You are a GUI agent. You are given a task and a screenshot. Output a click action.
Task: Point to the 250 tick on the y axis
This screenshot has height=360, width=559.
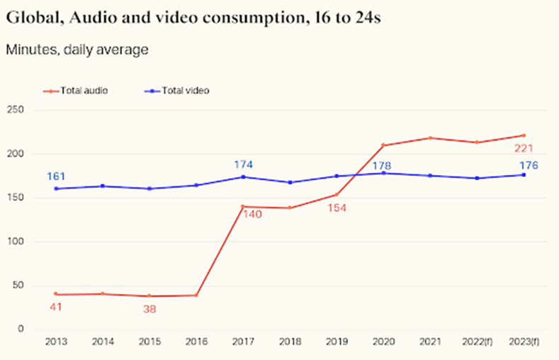pyautogui.click(x=16, y=111)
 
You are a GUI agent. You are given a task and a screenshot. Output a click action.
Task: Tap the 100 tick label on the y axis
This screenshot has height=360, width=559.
pyautogui.click(x=16, y=242)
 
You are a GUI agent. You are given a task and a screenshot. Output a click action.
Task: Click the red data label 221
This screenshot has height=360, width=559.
pyautogui.click(x=524, y=148)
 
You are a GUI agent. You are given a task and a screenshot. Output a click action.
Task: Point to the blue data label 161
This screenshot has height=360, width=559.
pyautogui.click(x=57, y=176)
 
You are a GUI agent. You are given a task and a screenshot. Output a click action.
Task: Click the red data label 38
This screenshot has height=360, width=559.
pyautogui.click(x=149, y=309)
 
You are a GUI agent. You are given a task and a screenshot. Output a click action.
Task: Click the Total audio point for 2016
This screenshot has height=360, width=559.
pyautogui.click(x=196, y=296)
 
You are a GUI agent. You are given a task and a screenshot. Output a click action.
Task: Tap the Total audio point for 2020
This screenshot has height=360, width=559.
pyautogui.click(x=384, y=145)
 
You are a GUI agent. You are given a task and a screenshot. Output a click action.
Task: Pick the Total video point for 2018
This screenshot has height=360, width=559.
pyautogui.click(x=290, y=182)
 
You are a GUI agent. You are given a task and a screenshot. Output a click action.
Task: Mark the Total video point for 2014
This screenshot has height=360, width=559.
pyautogui.click(x=103, y=186)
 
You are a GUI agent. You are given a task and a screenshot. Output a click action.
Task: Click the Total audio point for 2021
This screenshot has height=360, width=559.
pyautogui.click(x=431, y=137)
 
